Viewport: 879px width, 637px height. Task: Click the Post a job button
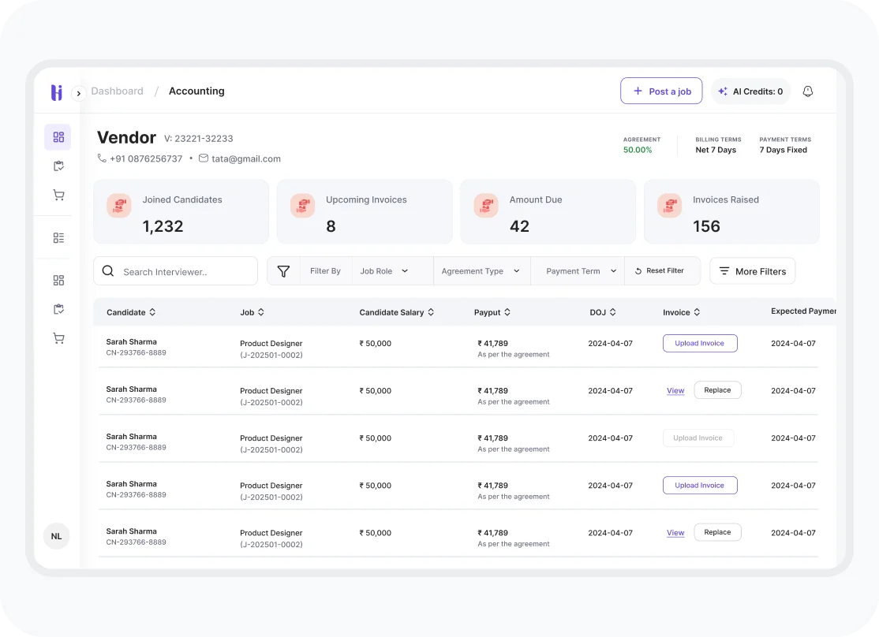coord(661,91)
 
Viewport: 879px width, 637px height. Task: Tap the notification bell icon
coord(807,91)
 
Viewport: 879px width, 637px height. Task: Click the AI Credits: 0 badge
coord(750,91)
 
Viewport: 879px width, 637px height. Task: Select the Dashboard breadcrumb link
coord(117,91)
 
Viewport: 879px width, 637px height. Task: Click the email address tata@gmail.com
coord(245,158)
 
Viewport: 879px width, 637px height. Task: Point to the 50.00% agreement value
coord(638,150)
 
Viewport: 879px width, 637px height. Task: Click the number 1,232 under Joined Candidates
coord(163,226)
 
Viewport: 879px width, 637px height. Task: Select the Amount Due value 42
coord(519,226)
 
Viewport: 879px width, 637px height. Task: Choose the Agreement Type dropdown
coord(481,271)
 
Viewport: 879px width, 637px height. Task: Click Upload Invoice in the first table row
coord(699,344)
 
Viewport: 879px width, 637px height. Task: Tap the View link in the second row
coord(675,391)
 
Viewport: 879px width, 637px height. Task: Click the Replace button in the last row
coord(717,532)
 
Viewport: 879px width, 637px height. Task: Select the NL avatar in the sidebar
coord(56,536)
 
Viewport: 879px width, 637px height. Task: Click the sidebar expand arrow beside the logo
coord(79,93)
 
